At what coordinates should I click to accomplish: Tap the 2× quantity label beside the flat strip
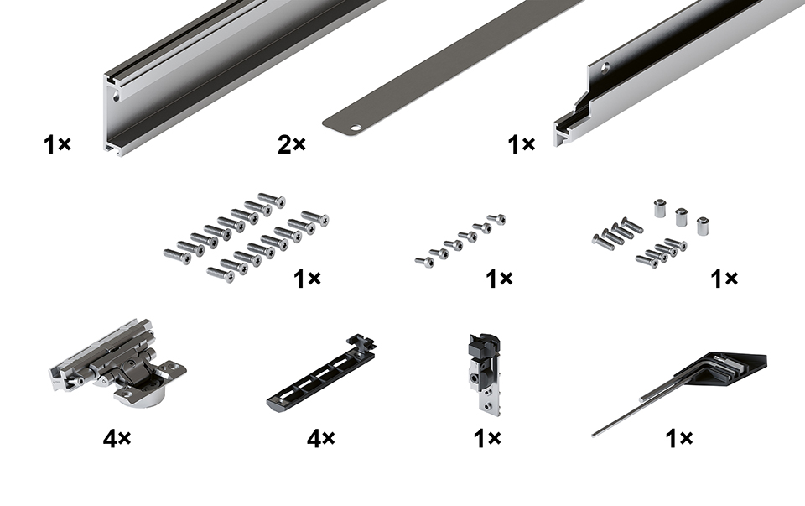[x=291, y=145]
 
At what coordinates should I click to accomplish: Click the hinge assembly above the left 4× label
[x=118, y=362]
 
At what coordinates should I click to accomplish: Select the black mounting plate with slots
[x=321, y=373]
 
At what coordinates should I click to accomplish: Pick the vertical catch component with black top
[x=484, y=373]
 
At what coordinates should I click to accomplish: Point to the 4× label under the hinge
[x=117, y=438]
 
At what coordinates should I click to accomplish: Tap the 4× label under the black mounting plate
[x=321, y=438]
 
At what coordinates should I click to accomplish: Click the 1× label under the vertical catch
[x=486, y=438]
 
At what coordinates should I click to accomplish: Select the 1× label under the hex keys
[x=678, y=438]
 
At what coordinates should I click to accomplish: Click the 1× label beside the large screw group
[x=307, y=279]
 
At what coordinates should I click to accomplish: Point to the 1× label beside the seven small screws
[x=499, y=279]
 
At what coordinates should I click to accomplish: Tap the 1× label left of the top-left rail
[x=57, y=144]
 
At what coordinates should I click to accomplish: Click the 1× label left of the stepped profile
[x=521, y=144]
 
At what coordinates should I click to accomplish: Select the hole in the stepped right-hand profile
[x=606, y=66]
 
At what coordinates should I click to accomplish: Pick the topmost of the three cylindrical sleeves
[x=659, y=208]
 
